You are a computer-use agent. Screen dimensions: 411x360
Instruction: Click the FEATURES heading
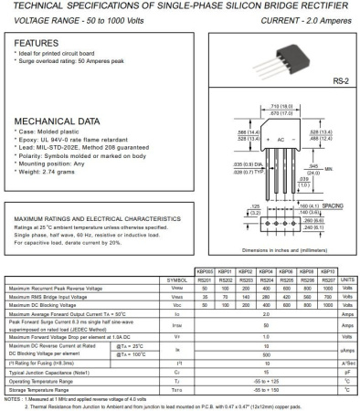[x=37, y=43]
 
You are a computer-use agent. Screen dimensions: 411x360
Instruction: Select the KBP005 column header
[x=205, y=272]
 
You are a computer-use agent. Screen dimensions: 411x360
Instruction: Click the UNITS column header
[x=347, y=279]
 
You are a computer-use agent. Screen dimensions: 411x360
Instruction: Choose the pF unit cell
[x=347, y=373]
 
